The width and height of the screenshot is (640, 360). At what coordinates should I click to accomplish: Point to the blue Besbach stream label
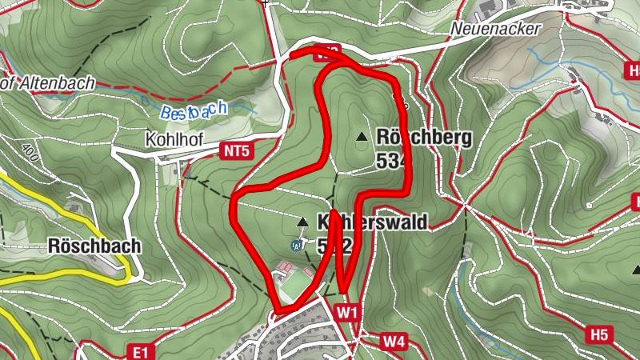193,110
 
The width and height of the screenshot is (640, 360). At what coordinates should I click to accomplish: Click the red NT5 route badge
237,150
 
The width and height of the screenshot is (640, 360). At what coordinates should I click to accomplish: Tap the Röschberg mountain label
424,138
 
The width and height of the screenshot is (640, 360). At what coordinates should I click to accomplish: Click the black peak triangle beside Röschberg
362,138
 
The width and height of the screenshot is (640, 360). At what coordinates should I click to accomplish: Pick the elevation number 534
392,161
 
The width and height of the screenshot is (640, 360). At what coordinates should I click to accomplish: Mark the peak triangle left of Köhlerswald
302,222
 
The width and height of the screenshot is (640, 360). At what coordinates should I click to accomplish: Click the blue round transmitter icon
297,245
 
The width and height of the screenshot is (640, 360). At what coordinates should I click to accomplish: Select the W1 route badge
346,310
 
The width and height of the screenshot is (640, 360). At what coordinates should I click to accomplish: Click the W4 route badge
394,342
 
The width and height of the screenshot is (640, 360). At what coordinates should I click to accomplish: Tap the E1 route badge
140,350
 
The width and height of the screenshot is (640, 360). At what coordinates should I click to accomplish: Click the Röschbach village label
94,246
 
